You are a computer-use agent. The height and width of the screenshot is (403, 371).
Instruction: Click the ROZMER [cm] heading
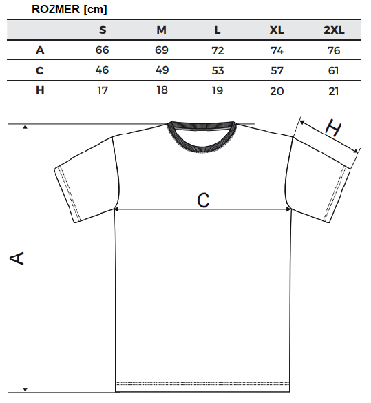(x=69, y=10)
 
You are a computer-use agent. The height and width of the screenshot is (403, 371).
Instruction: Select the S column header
(x=103, y=30)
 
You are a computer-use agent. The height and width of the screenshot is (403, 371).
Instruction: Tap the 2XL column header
(x=334, y=30)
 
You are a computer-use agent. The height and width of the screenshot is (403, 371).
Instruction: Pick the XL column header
(x=277, y=30)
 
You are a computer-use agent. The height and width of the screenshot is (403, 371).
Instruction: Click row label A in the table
(x=40, y=50)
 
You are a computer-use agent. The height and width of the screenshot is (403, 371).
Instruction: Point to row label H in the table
(x=40, y=90)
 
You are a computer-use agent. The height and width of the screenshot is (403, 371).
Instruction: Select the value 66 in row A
(x=102, y=50)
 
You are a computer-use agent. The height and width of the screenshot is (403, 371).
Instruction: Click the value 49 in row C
(x=162, y=70)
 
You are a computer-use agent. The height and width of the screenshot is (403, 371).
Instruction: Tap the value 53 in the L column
(x=218, y=70)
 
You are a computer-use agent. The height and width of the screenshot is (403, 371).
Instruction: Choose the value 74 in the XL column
(x=277, y=50)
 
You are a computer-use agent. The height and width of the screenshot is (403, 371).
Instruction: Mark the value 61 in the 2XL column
(x=334, y=71)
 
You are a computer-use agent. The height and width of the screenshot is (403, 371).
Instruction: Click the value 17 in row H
(x=103, y=91)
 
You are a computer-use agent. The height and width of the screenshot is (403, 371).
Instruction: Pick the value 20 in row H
(x=277, y=91)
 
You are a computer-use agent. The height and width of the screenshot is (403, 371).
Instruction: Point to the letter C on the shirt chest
(x=203, y=200)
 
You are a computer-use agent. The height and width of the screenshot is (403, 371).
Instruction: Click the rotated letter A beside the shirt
(x=17, y=258)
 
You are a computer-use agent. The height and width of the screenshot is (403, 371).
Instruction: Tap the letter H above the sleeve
(x=333, y=127)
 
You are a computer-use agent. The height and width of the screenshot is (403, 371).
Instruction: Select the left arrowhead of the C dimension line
(x=116, y=209)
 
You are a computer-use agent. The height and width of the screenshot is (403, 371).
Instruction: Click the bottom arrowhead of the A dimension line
(x=25, y=389)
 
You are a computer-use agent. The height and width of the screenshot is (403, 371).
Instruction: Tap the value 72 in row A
(x=218, y=50)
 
